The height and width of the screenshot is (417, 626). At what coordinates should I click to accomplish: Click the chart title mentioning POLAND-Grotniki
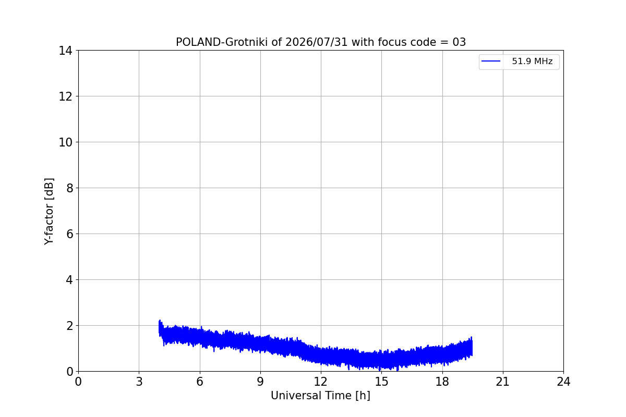point(321,42)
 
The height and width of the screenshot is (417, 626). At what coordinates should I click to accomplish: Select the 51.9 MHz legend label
point(532,61)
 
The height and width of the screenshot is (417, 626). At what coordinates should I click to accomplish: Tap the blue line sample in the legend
point(491,61)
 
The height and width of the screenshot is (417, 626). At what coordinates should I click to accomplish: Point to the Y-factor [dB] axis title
point(49,212)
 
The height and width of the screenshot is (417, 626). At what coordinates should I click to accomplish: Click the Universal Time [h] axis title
point(320,396)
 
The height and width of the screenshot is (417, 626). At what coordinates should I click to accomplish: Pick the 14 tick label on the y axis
point(65,51)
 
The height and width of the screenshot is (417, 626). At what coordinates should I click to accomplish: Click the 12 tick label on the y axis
point(65,96)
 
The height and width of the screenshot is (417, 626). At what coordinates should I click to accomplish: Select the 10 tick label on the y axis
point(65,142)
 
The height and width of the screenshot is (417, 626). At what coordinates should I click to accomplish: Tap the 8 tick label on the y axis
point(69,188)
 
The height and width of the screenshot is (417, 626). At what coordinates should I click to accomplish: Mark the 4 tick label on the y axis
point(69,280)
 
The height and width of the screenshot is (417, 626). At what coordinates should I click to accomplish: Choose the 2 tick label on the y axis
point(69,326)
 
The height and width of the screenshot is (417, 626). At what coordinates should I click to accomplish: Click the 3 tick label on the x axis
point(139,382)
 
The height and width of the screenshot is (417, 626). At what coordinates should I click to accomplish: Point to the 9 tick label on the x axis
point(260,382)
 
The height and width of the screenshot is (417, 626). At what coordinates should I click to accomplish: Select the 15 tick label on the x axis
point(382,382)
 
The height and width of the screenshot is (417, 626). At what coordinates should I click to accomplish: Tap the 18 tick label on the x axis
point(442,382)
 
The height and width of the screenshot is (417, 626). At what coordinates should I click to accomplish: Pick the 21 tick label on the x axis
point(503,382)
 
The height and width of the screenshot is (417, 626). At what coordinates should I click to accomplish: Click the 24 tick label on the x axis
point(564,382)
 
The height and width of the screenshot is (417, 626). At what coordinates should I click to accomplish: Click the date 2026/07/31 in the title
point(316,42)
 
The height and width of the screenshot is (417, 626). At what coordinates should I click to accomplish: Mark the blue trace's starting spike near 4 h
point(160,321)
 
